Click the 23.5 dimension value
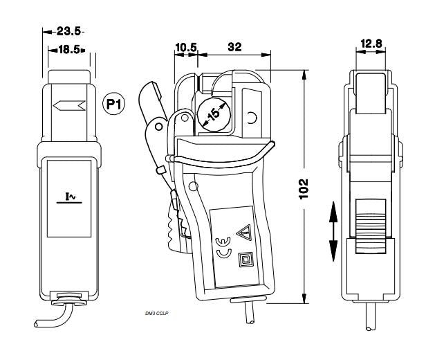pyautogui.click(x=68, y=31)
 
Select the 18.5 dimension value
pyautogui.click(x=69, y=49)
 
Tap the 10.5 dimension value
pyautogui.click(x=186, y=47)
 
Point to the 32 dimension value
pyautogui.click(x=234, y=47)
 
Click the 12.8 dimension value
pyautogui.click(x=371, y=43)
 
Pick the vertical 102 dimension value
pyautogui.click(x=304, y=189)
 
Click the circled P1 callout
pyautogui.click(x=114, y=104)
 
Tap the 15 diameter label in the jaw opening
pyautogui.click(x=214, y=114)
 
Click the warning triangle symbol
pyautogui.click(x=245, y=233)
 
